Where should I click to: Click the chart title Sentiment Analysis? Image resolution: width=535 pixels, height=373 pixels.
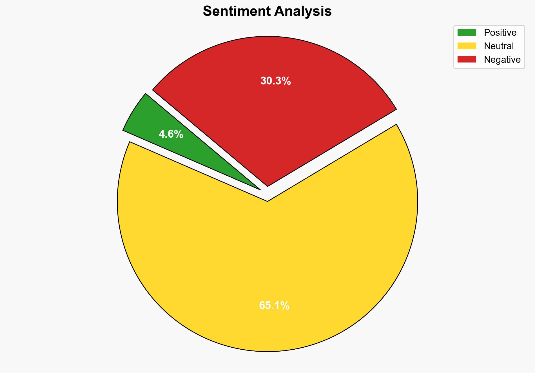pyautogui.click(x=267, y=12)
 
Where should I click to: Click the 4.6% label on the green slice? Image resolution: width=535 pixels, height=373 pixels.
pyautogui.click(x=171, y=135)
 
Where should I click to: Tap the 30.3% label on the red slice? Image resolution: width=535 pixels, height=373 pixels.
pyautogui.click(x=275, y=81)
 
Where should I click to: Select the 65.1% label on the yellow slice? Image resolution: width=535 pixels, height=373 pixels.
pyautogui.click(x=274, y=306)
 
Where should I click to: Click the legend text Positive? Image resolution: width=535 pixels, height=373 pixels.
pyautogui.click(x=500, y=33)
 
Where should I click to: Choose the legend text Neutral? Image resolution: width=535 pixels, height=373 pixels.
pyautogui.click(x=499, y=46)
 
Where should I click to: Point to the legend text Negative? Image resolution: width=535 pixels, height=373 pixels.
pyautogui.click(x=502, y=60)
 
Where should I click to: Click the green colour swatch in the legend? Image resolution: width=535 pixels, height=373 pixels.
pyautogui.click(x=467, y=33)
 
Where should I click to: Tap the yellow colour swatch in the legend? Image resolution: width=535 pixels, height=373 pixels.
pyautogui.click(x=467, y=46)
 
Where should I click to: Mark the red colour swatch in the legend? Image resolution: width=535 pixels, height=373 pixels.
pyautogui.click(x=467, y=59)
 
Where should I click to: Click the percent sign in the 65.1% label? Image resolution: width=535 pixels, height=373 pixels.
pyautogui.click(x=285, y=306)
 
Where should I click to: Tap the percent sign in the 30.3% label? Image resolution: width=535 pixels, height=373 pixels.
pyautogui.click(x=286, y=81)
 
